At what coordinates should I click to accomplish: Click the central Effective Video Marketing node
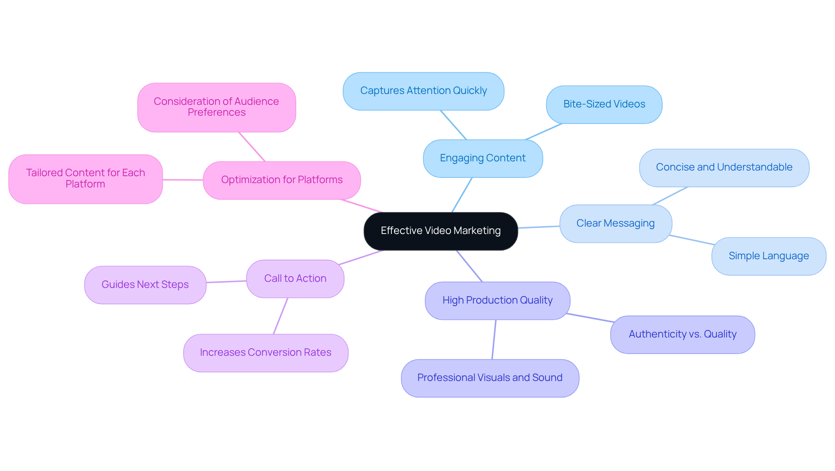point(441,231)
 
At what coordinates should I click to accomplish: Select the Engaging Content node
point(483,158)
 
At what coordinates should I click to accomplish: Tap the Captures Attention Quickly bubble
point(423,91)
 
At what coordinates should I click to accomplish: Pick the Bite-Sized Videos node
point(604,104)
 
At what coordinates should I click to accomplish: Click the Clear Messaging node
point(615,224)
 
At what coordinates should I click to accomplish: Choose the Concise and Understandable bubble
point(724,167)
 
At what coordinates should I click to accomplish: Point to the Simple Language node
point(768,256)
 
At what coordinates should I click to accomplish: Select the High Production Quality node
point(498,301)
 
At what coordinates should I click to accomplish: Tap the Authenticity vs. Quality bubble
point(682,334)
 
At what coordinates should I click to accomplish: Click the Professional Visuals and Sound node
point(490,378)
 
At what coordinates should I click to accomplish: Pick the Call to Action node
point(295,279)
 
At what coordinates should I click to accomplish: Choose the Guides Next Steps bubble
point(145,285)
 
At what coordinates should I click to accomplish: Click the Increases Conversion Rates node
point(265,353)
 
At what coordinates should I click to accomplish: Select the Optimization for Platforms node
point(282,180)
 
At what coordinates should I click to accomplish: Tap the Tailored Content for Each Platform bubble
point(85,179)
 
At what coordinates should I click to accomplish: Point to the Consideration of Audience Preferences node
point(217,107)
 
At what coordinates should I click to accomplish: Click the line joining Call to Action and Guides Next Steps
point(226,282)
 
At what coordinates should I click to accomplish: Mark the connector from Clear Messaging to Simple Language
point(691,240)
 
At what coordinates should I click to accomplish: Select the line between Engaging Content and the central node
point(462,195)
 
